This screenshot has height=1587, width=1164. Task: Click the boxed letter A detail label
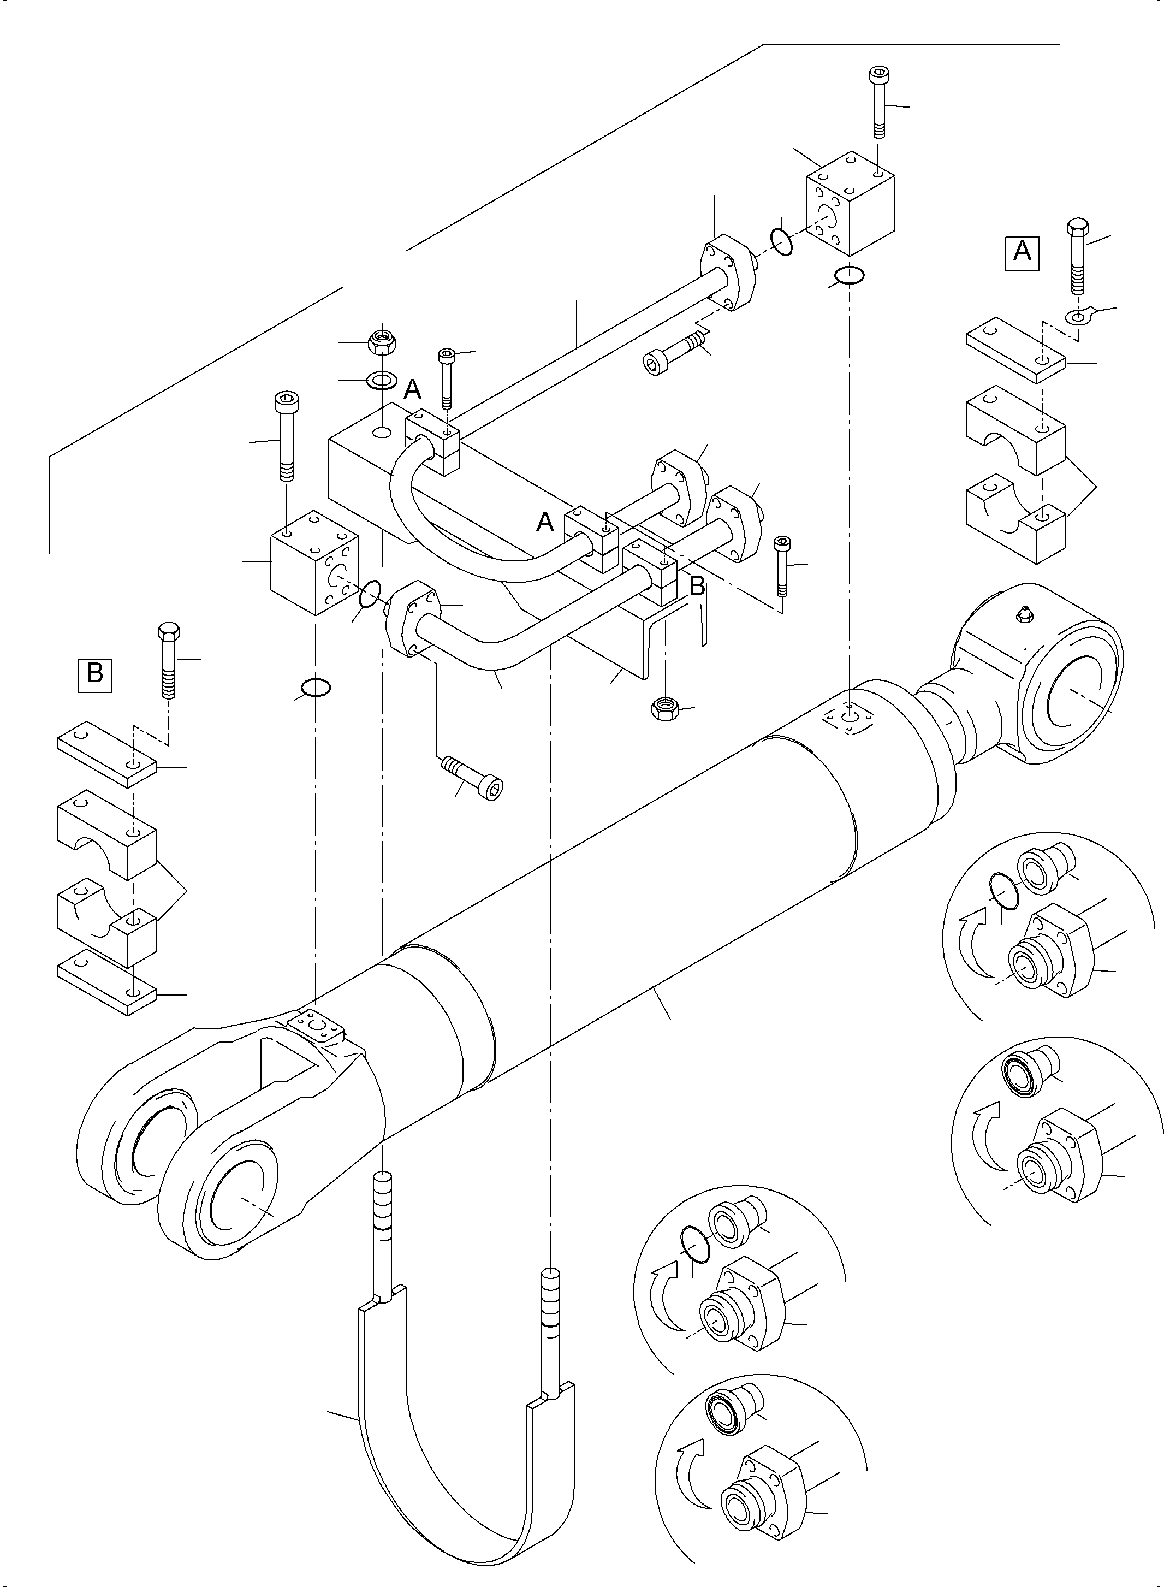click(1022, 251)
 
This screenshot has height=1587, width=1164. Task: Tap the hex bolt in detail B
click(168, 659)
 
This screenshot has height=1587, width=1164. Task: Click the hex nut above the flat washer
click(382, 342)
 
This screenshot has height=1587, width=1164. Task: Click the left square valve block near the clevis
click(314, 562)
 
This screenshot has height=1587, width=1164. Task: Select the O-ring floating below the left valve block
click(315, 686)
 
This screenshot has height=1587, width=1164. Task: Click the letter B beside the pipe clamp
click(696, 587)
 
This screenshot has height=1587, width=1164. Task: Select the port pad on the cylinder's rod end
click(851, 720)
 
